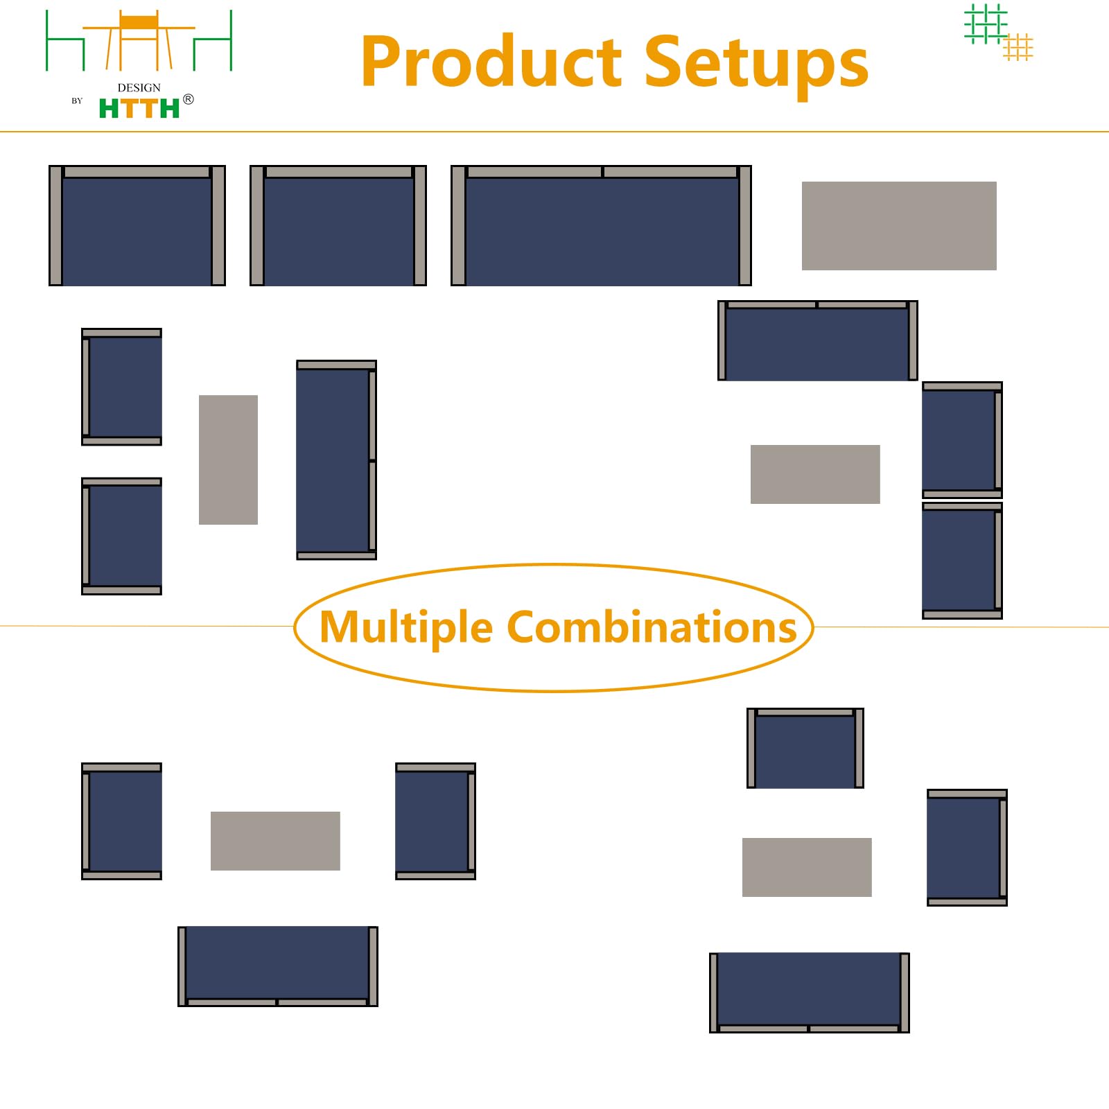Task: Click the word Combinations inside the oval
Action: [x=652, y=627]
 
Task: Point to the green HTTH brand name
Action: [x=139, y=109]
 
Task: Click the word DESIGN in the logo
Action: [x=139, y=87]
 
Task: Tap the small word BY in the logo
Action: [x=77, y=101]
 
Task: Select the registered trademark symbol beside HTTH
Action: [x=189, y=99]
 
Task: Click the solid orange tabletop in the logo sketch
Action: [x=139, y=21]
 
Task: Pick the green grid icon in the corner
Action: [x=986, y=24]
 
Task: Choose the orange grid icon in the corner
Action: [x=1018, y=46]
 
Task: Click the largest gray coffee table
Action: [x=899, y=226]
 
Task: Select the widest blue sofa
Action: [x=601, y=225]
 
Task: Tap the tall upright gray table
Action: [x=228, y=460]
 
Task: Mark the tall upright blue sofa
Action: [x=336, y=460]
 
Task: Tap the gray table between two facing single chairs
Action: [x=275, y=841]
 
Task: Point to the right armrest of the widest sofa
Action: [x=745, y=225]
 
